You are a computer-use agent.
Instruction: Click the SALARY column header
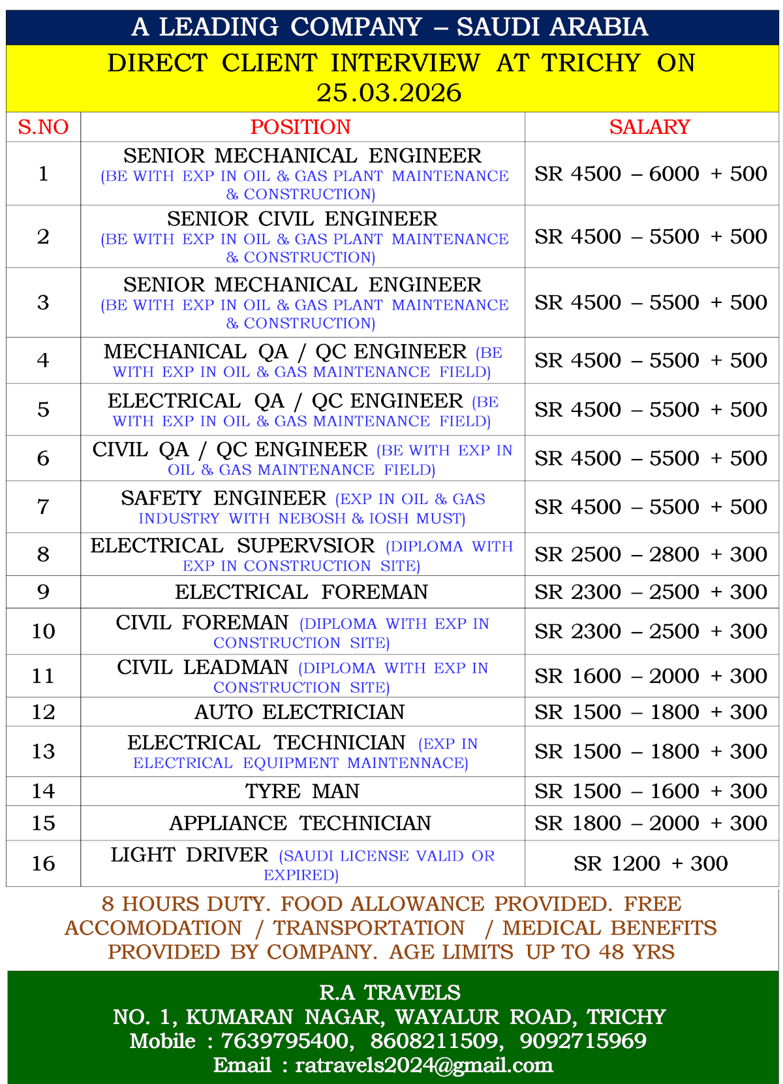(649, 127)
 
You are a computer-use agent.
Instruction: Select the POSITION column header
(301, 127)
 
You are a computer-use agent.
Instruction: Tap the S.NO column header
(43, 127)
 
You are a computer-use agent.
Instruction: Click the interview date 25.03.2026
(390, 93)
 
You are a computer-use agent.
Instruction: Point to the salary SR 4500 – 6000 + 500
(651, 174)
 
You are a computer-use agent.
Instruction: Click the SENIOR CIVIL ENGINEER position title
(302, 219)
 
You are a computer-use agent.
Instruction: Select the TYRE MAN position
(302, 791)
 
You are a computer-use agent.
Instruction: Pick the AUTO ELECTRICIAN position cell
(300, 712)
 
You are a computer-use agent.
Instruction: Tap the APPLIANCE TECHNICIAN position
(300, 823)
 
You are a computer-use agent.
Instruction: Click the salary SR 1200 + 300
(651, 864)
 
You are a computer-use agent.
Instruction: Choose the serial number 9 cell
(43, 592)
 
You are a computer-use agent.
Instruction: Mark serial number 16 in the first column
(43, 864)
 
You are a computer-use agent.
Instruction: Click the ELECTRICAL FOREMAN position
(301, 592)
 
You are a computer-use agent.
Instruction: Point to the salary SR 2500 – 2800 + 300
(651, 554)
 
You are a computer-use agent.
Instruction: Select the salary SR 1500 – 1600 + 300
(651, 791)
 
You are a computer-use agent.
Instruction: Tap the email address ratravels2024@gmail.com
(424, 1065)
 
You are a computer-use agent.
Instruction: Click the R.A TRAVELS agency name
(390, 993)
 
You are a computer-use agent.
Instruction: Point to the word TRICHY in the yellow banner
(591, 63)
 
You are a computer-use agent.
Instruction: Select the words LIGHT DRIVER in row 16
(189, 855)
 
